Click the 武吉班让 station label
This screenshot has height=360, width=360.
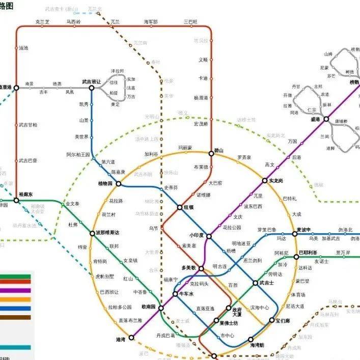pyautogui.click(x=92, y=81)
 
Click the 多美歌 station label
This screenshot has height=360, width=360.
pyautogui.click(x=188, y=268)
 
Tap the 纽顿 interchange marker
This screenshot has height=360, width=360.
pyautogui.click(x=180, y=207)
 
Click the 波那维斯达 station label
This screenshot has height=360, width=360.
pyautogui.click(x=107, y=233)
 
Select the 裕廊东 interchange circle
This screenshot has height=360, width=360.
pyautogui.click(x=16, y=201)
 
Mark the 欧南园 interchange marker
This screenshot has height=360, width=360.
pyautogui.click(x=160, y=308)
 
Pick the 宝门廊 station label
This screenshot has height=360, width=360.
pyautogui.click(x=283, y=321)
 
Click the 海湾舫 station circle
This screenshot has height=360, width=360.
pyautogui.click(x=251, y=340)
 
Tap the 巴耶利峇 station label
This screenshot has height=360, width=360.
pyautogui.click(x=308, y=253)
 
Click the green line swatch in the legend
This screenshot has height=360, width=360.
pyautogui.click(x=15, y=278)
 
